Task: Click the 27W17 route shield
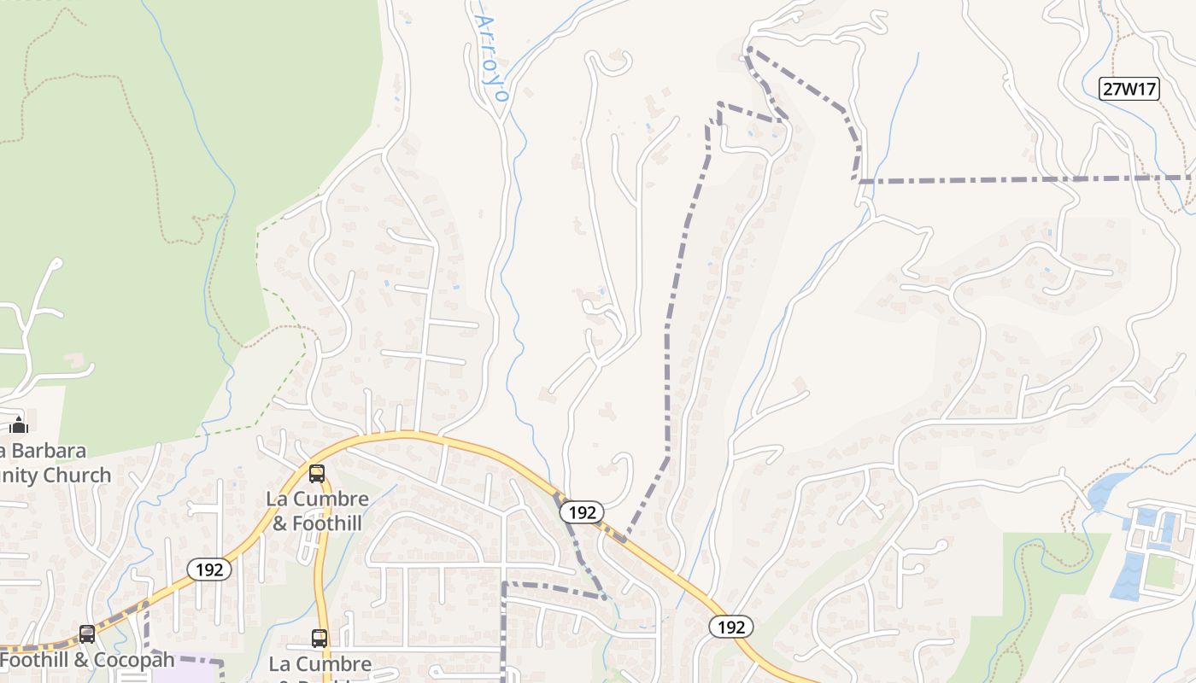pos(1129,89)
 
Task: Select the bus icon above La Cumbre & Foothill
pos(317,474)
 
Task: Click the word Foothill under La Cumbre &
pos(330,523)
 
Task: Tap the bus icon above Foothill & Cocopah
pos(87,634)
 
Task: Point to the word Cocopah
pos(136,660)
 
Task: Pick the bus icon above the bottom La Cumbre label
pos(319,638)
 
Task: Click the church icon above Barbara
pos(19,424)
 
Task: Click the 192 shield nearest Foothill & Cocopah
pos(209,569)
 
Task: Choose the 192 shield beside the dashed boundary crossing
pos(582,512)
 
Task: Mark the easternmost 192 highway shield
pos(730,628)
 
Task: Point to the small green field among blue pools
pos(1160,571)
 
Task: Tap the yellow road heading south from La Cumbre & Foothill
pos(322,581)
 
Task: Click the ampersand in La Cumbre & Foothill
pos(280,523)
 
